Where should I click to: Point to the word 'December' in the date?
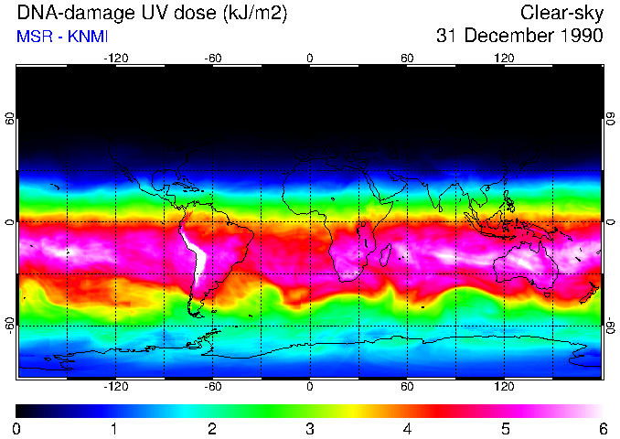(509, 36)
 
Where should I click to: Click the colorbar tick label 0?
(17, 428)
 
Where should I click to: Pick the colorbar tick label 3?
(310, 428)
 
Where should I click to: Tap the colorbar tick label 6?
(602, 428)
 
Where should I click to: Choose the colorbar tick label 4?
(408, 428)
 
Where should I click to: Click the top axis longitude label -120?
(115, 59)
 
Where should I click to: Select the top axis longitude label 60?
(407, 59)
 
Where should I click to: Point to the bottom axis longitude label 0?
(310, 386)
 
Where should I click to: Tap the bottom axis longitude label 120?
(505, 386)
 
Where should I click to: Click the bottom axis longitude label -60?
(212, 386)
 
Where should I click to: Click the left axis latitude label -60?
(10, 326)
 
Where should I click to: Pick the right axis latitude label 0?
(610, 222)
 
